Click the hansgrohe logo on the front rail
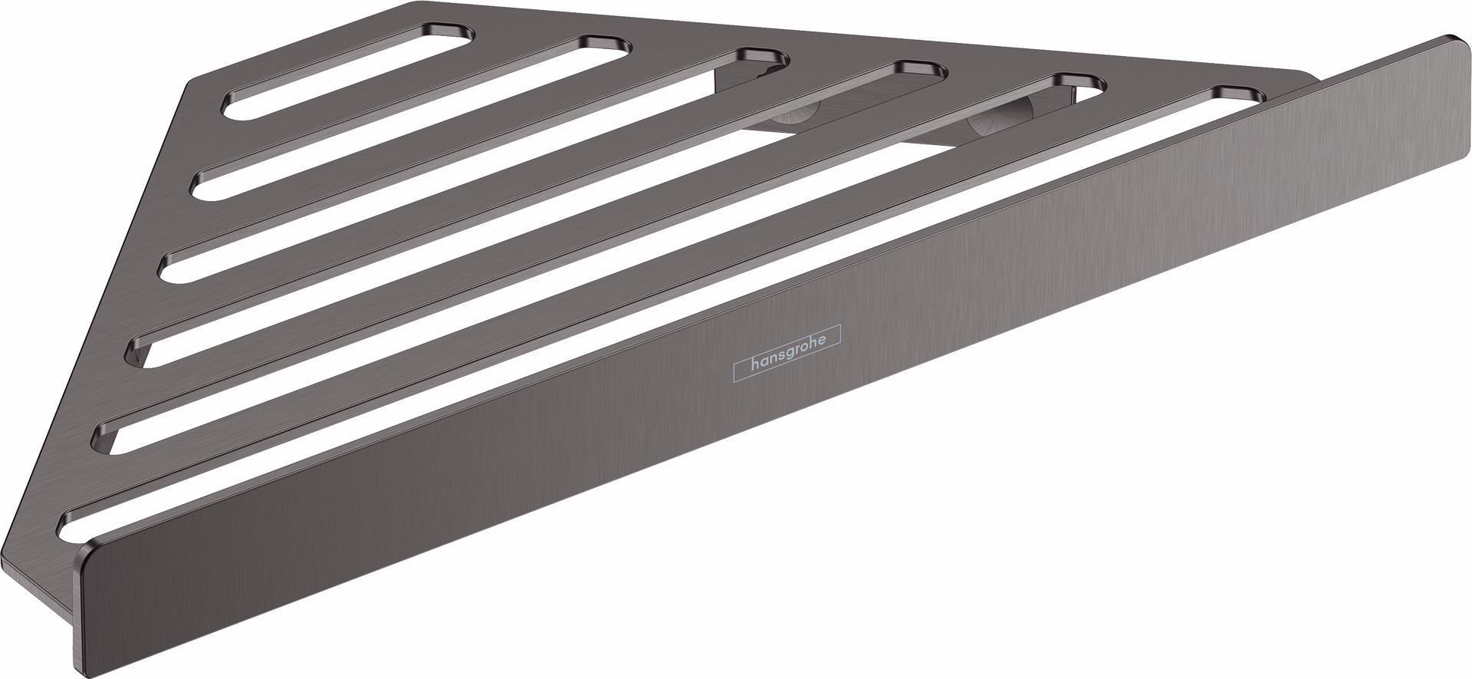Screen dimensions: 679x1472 [x=787, y=353]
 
